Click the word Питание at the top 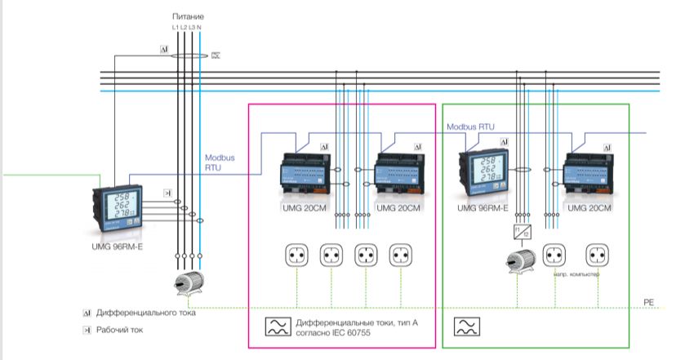click(x=189, y=16)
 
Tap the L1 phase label click(x=175, y=28)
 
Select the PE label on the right click(x=648, y=303)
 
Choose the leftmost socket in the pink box click(x=296, y=256)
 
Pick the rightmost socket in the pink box click(x=401, y=256)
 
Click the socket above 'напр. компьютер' click(x=555, y=256)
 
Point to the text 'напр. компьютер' click(x=576, y=274)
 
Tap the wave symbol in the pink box click(x=276, y=327)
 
